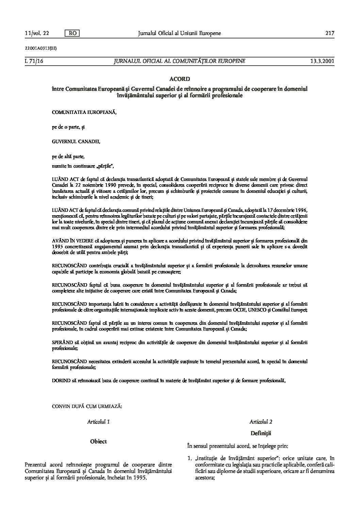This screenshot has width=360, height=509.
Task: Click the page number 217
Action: (x=330, y=33)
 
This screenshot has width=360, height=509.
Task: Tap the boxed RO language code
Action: (x=72, y=33)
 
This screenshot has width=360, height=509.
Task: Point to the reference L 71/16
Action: (x=33, y=61)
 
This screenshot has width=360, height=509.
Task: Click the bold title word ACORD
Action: (x=179, y=79)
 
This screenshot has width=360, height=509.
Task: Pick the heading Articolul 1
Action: (x=98, y=422)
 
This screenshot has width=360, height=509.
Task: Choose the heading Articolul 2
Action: (x=261, y=422)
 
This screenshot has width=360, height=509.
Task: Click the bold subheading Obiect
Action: (x=98, y=441)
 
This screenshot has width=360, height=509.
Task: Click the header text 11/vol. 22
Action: (x=37, y=33)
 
